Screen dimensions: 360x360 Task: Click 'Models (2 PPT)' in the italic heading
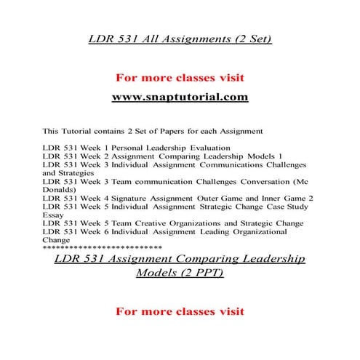(x=180, y=273)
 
